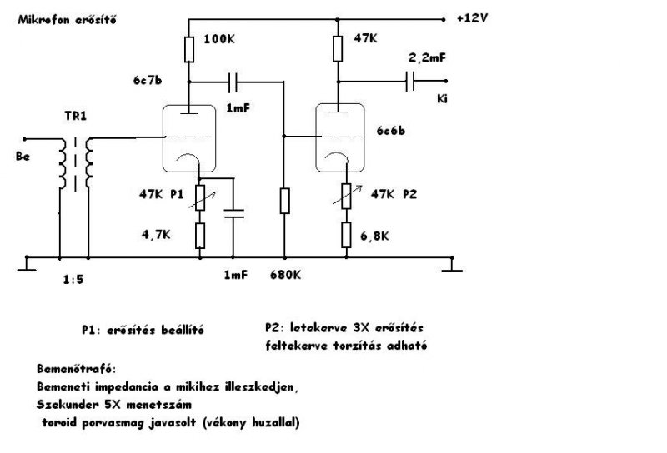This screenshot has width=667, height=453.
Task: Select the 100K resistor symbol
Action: point(188,49)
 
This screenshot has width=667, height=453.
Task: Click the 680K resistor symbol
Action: point(285,201)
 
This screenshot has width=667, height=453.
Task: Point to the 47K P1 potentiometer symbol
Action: point(199,197)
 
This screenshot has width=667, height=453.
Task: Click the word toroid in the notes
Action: point(65,422)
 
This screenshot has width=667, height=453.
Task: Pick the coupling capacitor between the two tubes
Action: point(236,82)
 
